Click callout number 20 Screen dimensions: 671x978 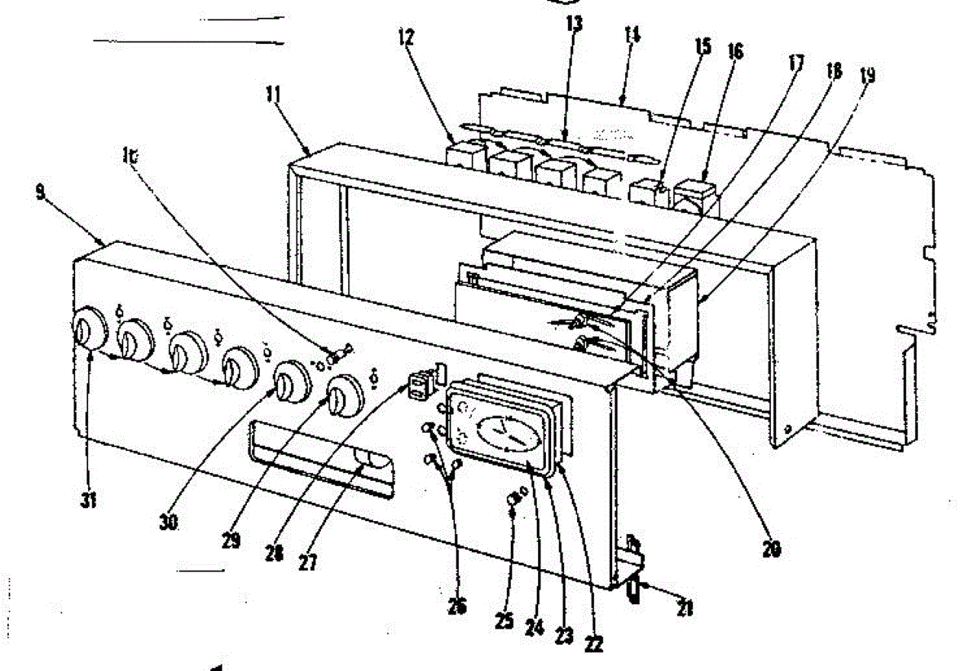770,549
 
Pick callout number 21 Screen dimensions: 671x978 685,607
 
